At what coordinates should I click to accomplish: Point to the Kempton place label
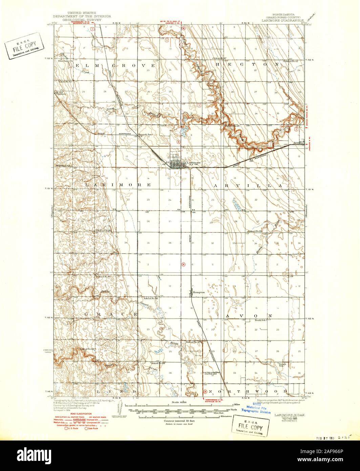[x=199, y=291]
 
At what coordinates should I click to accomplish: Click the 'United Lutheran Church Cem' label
[x=212, y=373]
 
